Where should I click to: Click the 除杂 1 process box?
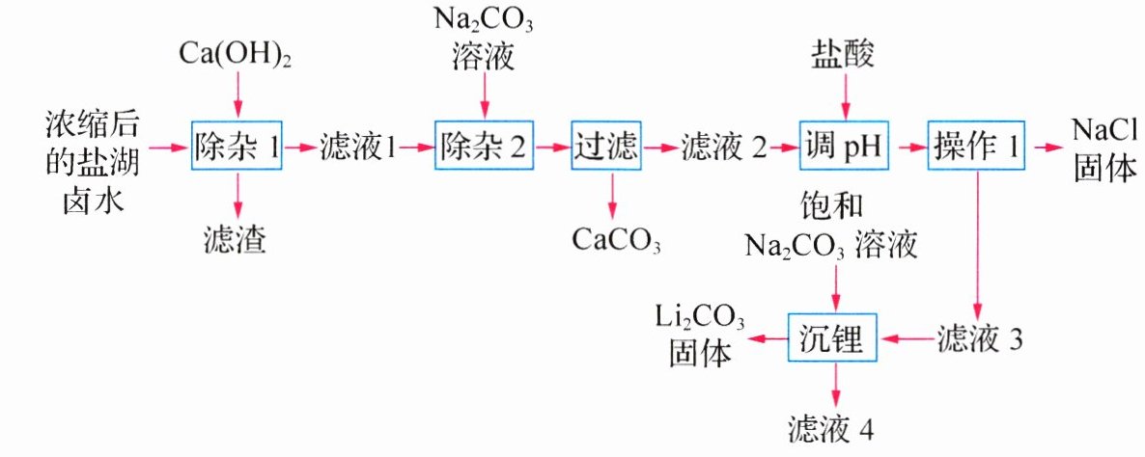click(x=237, y=147)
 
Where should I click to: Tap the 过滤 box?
click(x=606, y=147)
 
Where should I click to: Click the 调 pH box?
click(x=843, y=147)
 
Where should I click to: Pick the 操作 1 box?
click(x=975, y=147)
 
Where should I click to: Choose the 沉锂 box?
click(x=836, y=338)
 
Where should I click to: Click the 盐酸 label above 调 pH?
click(x=843, y=56)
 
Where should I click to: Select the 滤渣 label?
click(x=236, y=237)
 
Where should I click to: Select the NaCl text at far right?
click(x=1106, y=127)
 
